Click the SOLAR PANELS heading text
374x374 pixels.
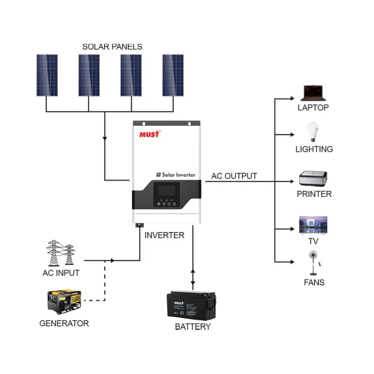pos(112,46)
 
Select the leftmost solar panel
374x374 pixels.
pos(47,75)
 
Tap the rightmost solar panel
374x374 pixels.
pos(173,75)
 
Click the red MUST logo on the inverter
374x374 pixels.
pos(149,134)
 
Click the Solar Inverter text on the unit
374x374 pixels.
pos(176,175)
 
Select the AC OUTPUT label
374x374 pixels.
pos(234,176)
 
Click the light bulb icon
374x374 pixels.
pos(313,132)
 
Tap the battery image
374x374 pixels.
pos(192,305)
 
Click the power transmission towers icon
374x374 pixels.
pos(61,252)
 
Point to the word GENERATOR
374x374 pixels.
pos(64,323)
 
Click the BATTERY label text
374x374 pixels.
pos(193,327)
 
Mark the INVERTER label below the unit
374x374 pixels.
pos(164,235)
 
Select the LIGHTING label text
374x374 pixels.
pos(314,149)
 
